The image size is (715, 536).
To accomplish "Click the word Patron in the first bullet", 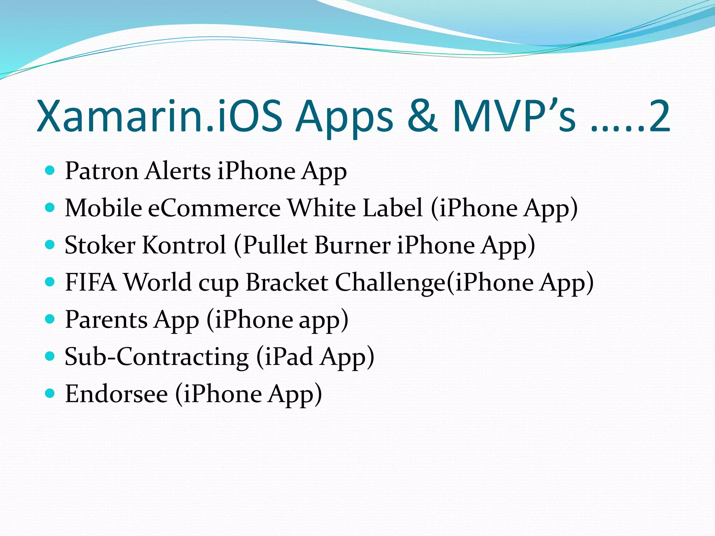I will point(102,171).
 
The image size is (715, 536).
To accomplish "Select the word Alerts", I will point(178,171).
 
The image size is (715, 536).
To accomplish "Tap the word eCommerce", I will point(214,208).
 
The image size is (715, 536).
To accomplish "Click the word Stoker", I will point(100,245).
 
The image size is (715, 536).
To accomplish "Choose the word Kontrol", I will point(184,245).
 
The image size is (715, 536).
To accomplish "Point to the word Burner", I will point(353,245).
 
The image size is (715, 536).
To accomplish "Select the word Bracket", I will point(287,282).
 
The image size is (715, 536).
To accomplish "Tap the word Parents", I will point(106,319).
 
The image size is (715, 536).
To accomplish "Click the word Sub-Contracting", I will point(157,357).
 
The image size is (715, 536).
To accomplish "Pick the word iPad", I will point(289,357).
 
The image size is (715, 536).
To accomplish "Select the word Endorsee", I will point(117,394).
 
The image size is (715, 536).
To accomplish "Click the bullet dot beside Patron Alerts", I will point(50,171).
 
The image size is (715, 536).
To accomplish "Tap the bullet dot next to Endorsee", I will point(50,393).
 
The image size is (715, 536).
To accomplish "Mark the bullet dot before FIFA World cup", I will point(50,282).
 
